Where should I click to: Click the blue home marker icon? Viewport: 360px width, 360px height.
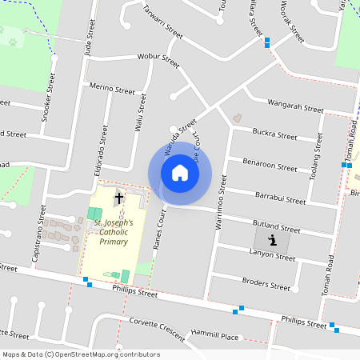click(180, 172)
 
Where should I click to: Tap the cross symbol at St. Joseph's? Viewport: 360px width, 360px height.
click(119, 198)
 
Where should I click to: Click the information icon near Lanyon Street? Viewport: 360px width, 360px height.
click(273, 239)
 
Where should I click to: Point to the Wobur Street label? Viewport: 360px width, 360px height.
click(158, 59)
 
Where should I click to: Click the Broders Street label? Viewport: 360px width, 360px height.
click(266, 284)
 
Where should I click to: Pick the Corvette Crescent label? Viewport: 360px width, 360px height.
click(157, 326)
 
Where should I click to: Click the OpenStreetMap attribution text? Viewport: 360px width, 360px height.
click(81, 354)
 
